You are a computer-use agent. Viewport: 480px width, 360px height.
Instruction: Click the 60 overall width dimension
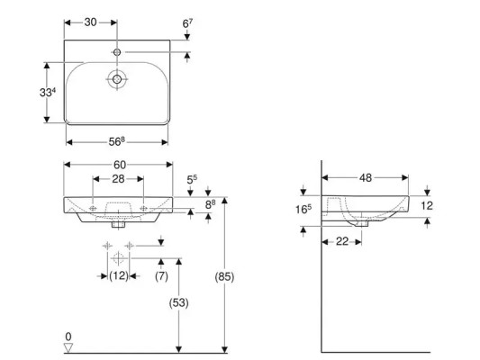pyautogui.click(x=120, y=166)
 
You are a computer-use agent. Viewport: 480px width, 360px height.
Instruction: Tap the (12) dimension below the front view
pyautogui.click(x=119, y=276)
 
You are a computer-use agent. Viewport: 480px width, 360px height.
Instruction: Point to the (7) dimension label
pyautogui.click(x=161, y=276)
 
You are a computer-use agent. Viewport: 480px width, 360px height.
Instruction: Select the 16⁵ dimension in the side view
pyautogui.click(x=303, y=211)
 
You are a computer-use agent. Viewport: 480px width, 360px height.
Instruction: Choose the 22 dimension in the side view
pyautogui.click(x=342, y=241)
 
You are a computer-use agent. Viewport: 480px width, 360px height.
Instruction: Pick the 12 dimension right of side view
pyautogui.click(x=428, y=205)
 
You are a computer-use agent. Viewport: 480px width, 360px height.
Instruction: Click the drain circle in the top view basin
pyautogui.click(x=115, y=79)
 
